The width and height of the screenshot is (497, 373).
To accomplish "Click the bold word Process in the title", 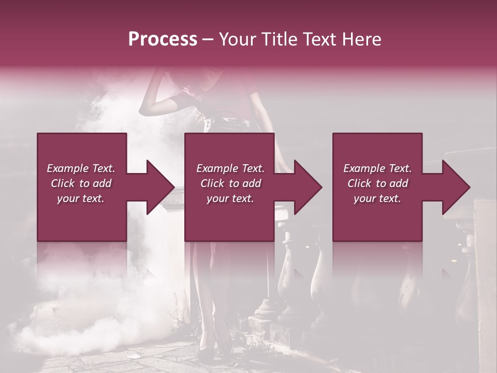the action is point(163,39).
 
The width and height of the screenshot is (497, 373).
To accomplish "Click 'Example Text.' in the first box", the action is point(81,168).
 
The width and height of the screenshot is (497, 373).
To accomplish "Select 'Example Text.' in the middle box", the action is point(230,168).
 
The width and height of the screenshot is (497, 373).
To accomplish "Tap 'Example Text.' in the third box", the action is point(377,168).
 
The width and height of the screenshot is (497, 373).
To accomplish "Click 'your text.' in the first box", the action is point(81,198).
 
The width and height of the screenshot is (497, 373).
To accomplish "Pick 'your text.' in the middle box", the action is point(230,198).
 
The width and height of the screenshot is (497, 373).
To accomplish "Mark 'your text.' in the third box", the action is point(377,198).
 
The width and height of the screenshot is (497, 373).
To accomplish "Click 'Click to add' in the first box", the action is point(81,183).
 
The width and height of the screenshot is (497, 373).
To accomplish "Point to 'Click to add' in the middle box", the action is point(230,183).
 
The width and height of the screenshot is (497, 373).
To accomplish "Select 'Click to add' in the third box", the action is point(377,183).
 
